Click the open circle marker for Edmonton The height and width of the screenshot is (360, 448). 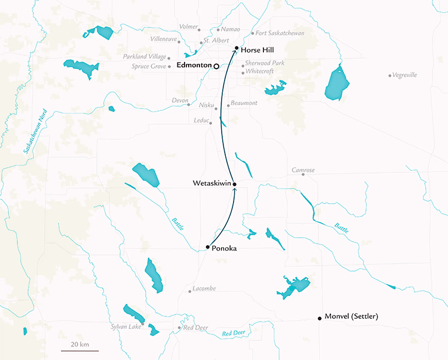click(x=217, y=66)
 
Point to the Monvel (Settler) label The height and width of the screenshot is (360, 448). click(x=351, y=316)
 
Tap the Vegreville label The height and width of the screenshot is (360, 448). click(x=405, y=75)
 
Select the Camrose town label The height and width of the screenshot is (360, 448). click(x=303, y=171)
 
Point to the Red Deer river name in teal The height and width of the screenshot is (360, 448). click(x=234, y=334)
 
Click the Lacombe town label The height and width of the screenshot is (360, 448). click(x=205, y=289)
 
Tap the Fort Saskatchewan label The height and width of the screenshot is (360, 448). click(x=280, y=33)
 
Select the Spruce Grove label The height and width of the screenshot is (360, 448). click(x=149, y=66)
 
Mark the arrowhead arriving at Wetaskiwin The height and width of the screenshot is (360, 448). click(x=234, y=190)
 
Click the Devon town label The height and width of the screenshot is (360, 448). click(x=179, y=100)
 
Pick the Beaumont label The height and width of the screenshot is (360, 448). click(x=244, y=103)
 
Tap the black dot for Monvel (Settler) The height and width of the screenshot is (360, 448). click(x=320, y=318)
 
